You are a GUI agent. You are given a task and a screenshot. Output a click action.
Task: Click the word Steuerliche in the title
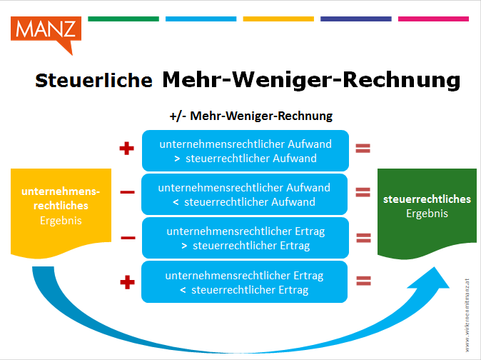coord(93,81)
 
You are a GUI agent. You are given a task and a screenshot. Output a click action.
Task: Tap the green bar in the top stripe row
coord(123,19)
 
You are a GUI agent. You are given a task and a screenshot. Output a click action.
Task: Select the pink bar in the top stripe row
coord(433,19)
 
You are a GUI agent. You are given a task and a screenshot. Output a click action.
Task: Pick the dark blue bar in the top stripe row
coord(356,19)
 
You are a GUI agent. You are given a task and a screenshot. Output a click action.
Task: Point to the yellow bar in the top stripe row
coord(278,19)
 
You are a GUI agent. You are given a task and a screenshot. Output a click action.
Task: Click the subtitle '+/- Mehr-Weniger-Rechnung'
coord(251,116)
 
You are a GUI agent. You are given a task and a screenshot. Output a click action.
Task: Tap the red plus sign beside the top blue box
coord(127,149)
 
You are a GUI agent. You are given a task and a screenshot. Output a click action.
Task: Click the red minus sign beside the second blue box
coord(127,192)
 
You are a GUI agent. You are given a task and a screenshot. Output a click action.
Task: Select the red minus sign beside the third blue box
coord(128,238)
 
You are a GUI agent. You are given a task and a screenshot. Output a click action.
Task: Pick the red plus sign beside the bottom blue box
coord(127,282)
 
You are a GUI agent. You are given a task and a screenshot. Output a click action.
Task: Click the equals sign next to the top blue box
coord(363,149)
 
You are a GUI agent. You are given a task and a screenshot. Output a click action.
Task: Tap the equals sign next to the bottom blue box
coord(363,281)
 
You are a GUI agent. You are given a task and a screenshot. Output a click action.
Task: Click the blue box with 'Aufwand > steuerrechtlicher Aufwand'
coord(245,151)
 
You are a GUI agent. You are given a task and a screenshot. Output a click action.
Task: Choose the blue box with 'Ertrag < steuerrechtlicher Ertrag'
coord(245,281)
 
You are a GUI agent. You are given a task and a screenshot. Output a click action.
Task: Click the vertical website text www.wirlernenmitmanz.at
coord(467,315)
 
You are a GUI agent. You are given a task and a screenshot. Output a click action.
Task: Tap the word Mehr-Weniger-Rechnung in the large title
coord(311,80)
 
